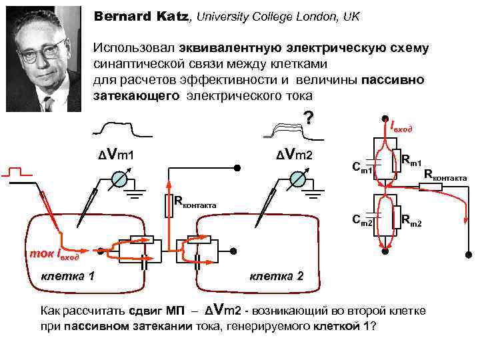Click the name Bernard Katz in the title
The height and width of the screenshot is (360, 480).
click(x=141, y=15)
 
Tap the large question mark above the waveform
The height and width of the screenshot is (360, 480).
click(x=308, y=118)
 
